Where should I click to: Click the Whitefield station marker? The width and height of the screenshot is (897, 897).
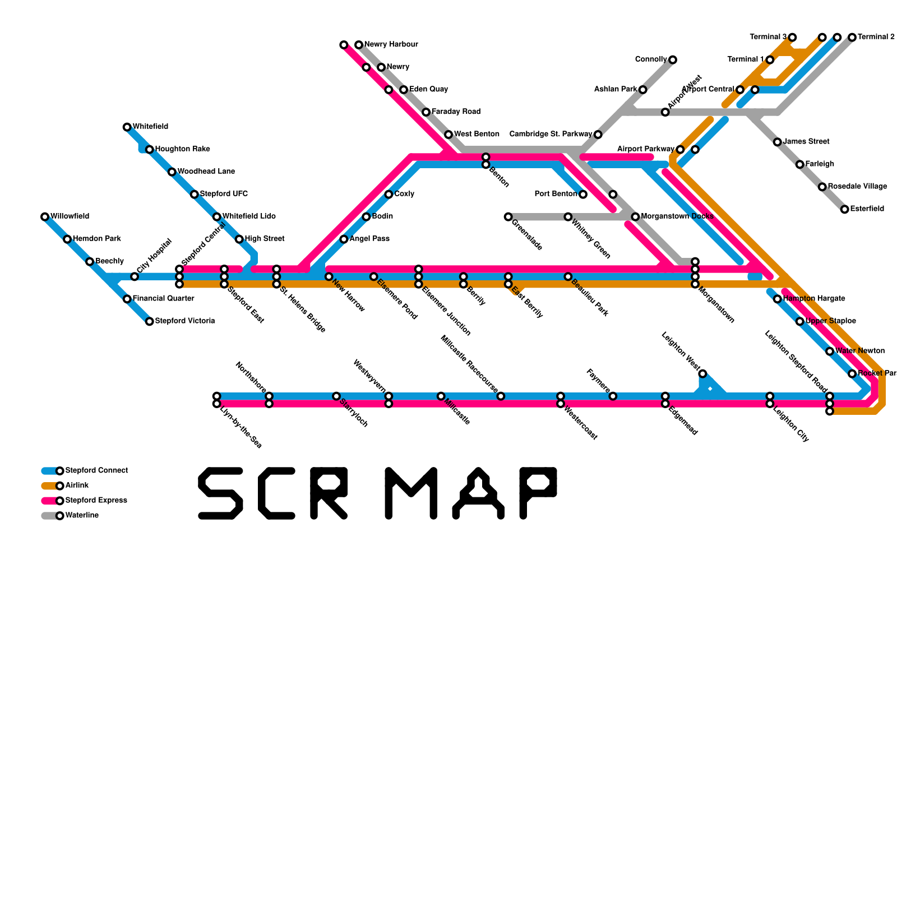pos(127,127)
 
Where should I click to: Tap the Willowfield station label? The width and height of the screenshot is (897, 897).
pos(70,216)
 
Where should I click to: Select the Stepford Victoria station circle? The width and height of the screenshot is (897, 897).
pos(150,321)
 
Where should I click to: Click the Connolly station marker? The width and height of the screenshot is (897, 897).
pos(672,60)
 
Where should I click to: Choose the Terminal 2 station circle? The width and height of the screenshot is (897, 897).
pos(852,38)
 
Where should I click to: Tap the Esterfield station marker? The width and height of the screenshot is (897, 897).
pos(845,210)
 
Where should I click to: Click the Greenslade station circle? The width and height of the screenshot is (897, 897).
pos(508,217)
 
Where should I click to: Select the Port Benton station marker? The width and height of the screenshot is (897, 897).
pos(583,195)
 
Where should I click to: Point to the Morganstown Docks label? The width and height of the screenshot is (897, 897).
pos(677,216)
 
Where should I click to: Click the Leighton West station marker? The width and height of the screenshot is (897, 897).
pos(702,374)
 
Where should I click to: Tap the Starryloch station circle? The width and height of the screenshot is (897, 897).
pos(336,396)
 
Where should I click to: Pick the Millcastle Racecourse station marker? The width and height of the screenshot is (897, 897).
pos(501,396)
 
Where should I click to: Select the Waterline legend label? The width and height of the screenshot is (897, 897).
pos(82,515)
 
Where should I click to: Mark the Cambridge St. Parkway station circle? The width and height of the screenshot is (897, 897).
pos(598,135)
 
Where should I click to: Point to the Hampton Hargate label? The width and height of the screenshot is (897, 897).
pos(813,299)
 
